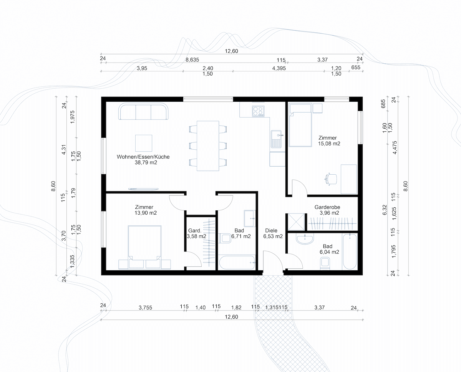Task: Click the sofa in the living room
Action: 143,111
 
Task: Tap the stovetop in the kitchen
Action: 258,111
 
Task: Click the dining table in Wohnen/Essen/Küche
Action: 208,146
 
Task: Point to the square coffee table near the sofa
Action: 144,143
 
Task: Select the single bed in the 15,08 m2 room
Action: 300,125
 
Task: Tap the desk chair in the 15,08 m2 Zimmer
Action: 331,179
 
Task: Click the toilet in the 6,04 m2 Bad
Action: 325,264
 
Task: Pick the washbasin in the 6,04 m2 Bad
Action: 305,239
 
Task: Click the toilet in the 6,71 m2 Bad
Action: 225,238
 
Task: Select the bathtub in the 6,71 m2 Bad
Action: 237,263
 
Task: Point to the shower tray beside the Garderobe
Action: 296,222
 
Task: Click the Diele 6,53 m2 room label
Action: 273,233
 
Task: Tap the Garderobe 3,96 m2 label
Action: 327,210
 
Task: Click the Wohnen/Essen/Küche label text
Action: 143,157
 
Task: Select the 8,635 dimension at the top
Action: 192,60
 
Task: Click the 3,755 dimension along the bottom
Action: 146,308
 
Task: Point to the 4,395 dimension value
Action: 279,68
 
